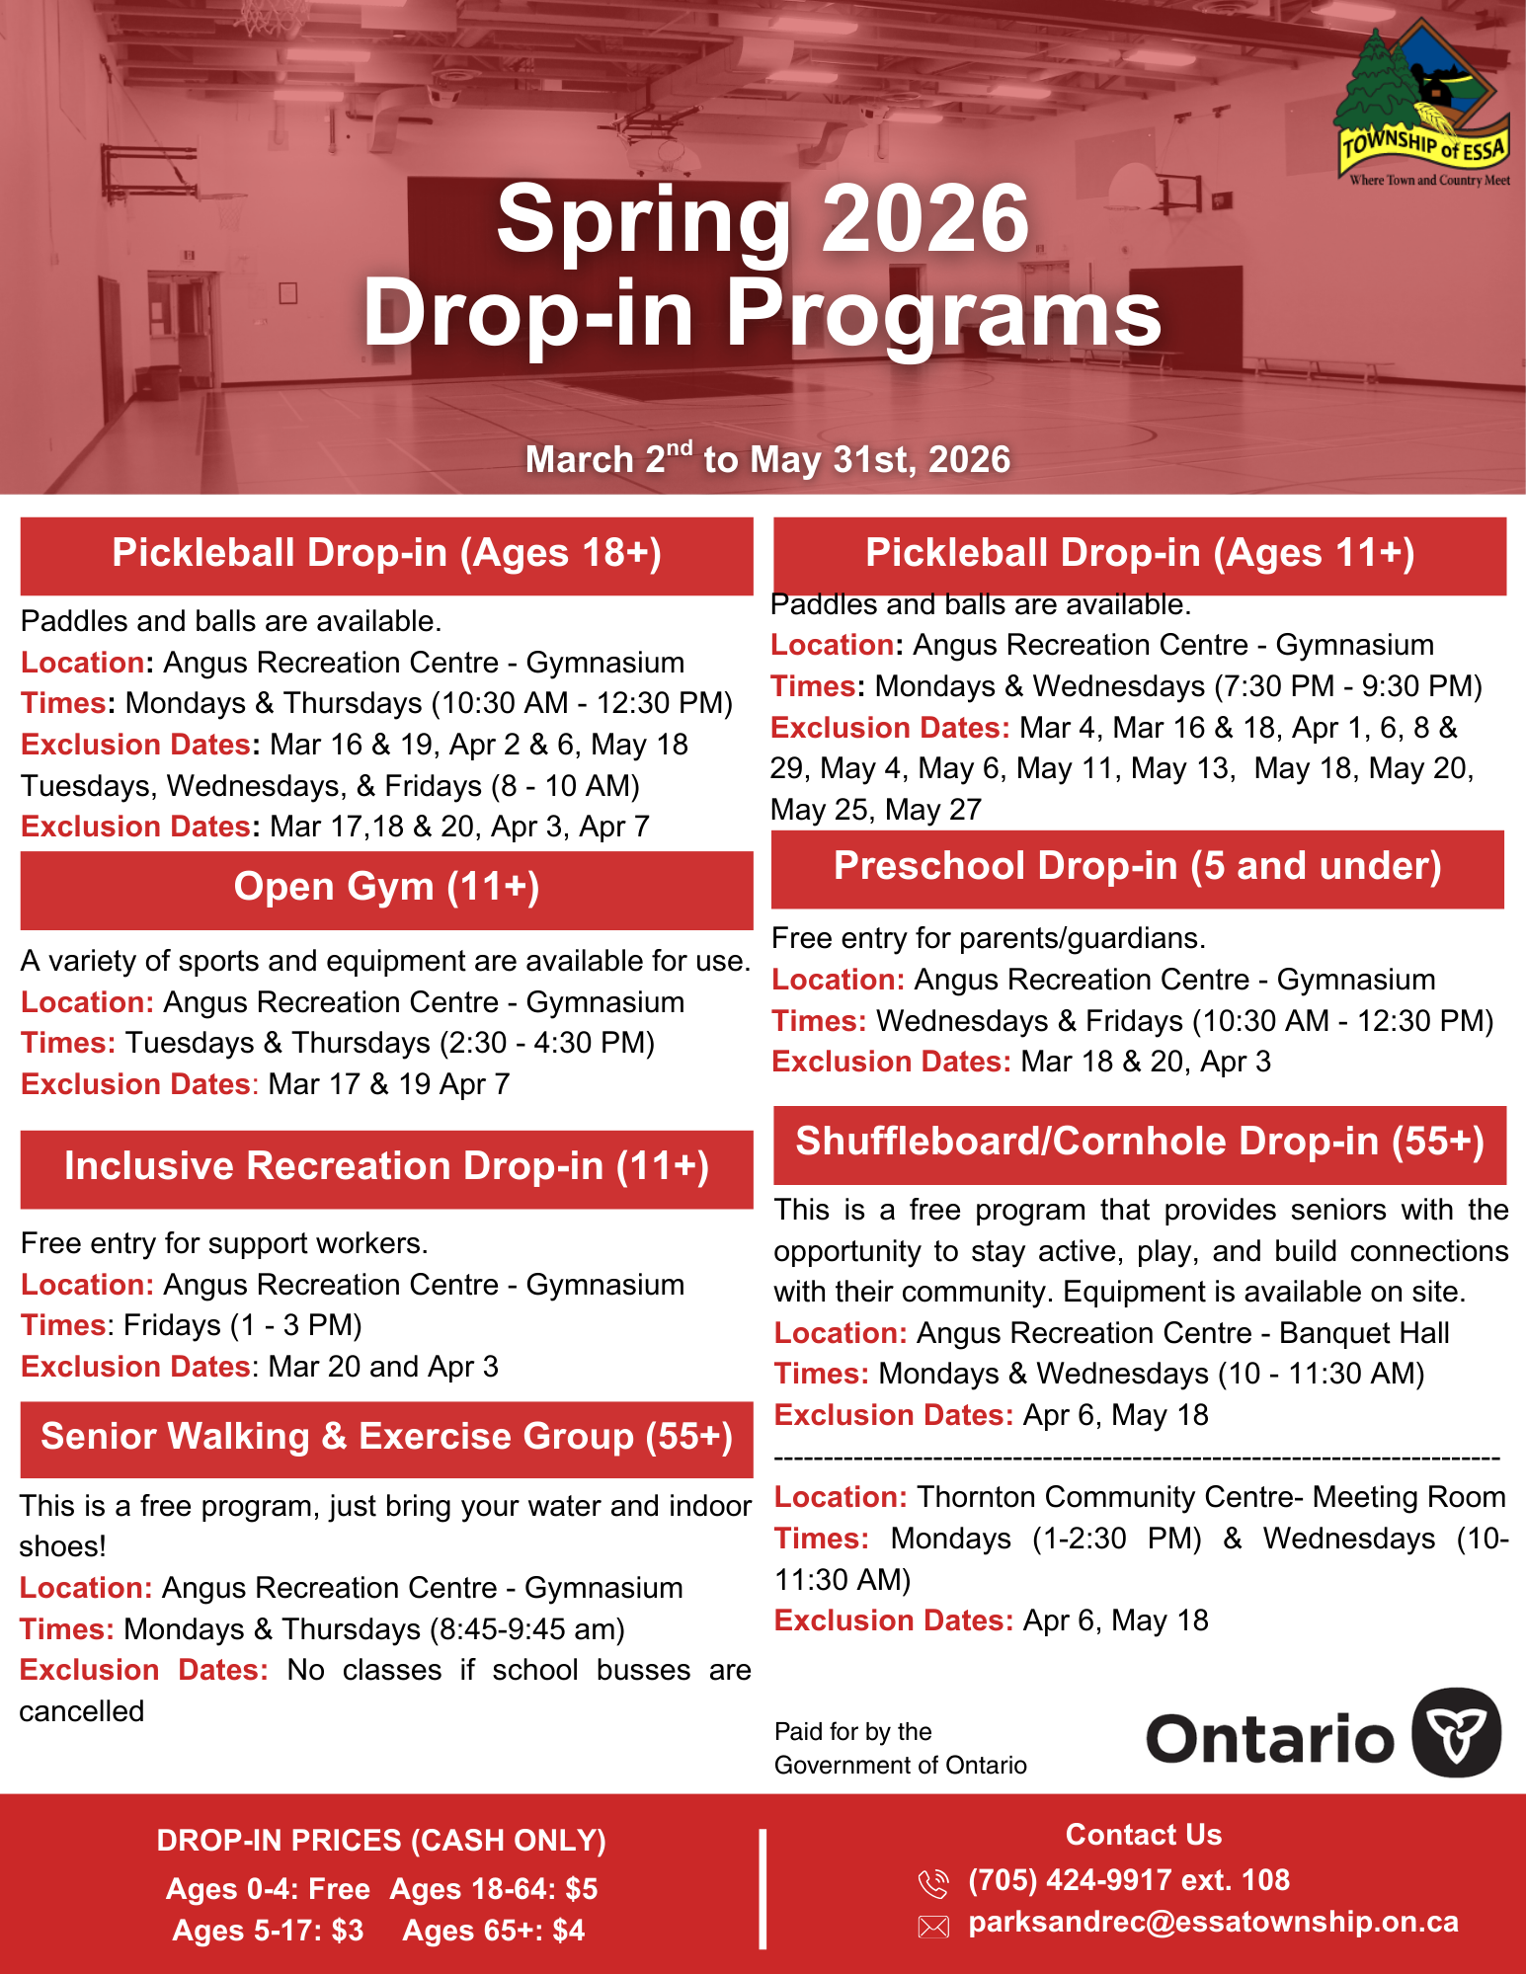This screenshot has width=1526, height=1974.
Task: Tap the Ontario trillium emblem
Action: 1456,1733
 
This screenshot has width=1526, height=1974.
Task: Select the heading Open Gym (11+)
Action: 386,888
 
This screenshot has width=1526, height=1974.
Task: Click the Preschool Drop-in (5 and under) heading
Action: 1137,867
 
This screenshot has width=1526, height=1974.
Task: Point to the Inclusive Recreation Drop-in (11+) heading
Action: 386,1167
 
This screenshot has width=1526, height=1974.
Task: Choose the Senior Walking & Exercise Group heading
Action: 386,1438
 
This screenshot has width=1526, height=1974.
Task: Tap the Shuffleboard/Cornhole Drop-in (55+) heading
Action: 1140,1143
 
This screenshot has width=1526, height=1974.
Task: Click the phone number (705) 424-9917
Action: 1128,1880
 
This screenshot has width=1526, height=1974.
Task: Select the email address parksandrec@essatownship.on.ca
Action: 1213,1922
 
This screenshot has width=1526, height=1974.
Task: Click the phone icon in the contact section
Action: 932,1883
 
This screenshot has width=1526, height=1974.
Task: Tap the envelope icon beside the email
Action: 933,1926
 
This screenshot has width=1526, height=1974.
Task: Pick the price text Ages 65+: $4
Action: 493,1931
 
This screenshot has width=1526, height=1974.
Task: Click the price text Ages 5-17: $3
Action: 268,1931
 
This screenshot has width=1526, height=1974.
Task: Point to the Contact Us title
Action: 1143,1835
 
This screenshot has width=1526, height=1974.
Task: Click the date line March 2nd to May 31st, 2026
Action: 767,459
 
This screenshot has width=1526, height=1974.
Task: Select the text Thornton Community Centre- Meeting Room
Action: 1211,1497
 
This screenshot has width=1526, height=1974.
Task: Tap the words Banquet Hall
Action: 1364,1333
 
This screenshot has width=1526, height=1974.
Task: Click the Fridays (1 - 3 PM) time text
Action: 243,1325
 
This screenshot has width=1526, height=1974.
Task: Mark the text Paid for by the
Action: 852,1731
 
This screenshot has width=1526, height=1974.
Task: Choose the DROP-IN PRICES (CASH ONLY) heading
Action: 381,1841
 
